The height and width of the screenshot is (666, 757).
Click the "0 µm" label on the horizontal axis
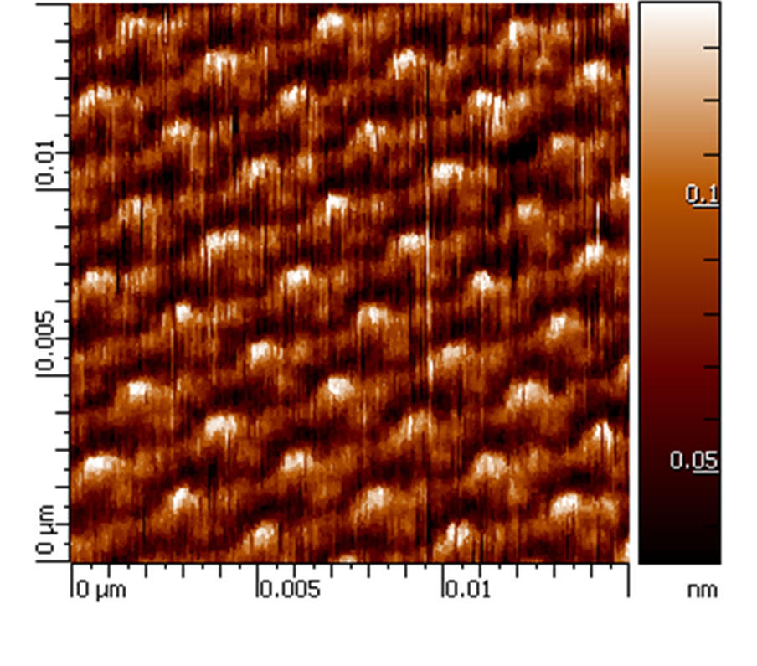pos(101,590)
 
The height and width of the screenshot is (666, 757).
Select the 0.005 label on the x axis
pos(290,590)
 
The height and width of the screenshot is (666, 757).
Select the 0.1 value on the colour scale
pos(702,195)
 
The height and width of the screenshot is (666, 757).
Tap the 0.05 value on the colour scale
pos(693,461)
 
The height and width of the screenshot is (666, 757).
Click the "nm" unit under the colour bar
pos(702,590)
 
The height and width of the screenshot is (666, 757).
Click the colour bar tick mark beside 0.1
pos(713,206)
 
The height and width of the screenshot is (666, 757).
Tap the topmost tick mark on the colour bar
pos(713,48)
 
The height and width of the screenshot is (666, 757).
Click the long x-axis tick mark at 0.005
pos(257,578)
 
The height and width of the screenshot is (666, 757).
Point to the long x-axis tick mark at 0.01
pos(443,578)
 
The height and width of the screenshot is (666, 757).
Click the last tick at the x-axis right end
pos(628,578)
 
